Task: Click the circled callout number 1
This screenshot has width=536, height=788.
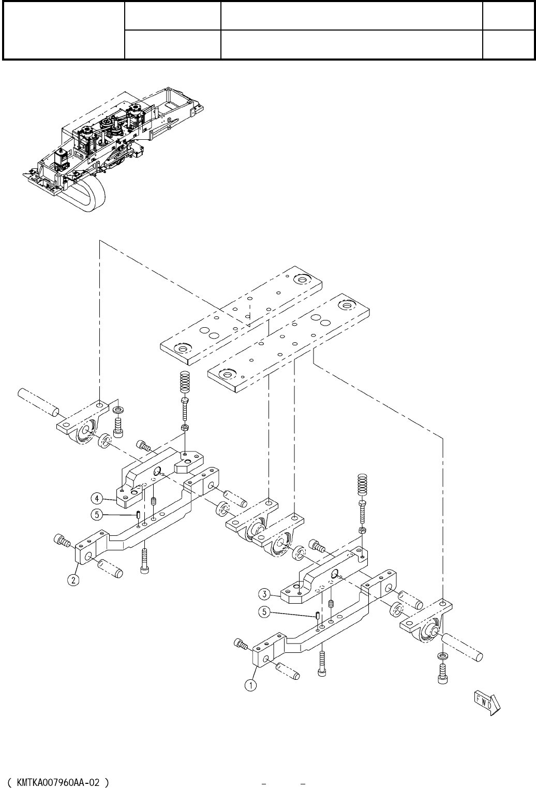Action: [250, 685]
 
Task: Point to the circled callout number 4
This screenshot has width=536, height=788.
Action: [97, 499]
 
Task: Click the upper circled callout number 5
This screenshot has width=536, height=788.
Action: [97, 515]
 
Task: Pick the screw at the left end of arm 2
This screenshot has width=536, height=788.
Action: [62, 542]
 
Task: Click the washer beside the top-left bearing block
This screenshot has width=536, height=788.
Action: [118, 411]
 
